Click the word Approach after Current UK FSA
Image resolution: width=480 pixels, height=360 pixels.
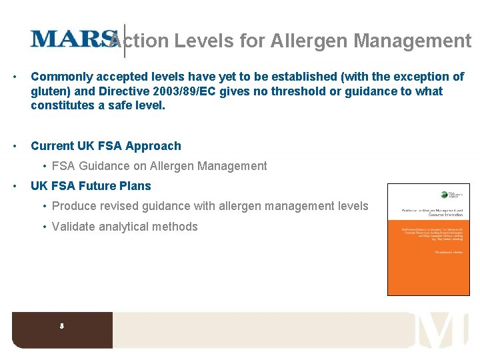pos(153,146)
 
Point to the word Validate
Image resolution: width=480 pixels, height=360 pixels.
pos(73,227)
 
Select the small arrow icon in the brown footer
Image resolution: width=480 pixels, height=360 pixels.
pos(61,327)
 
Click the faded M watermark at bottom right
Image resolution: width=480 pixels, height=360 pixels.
pos(443,330)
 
